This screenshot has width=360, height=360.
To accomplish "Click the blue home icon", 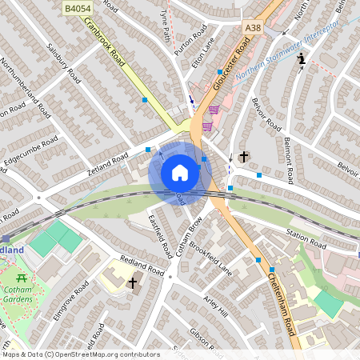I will coord(180,173).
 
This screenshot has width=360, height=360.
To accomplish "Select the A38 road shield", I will coord(252,28).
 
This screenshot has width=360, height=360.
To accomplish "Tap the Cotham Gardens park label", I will coord(18,295).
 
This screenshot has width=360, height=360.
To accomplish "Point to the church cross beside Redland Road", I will coord(132,283).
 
